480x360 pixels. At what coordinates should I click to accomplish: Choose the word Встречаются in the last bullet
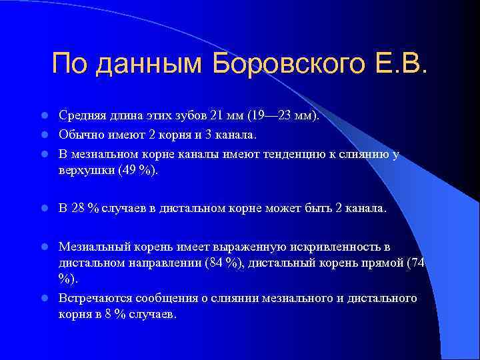(x=93, y=297)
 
